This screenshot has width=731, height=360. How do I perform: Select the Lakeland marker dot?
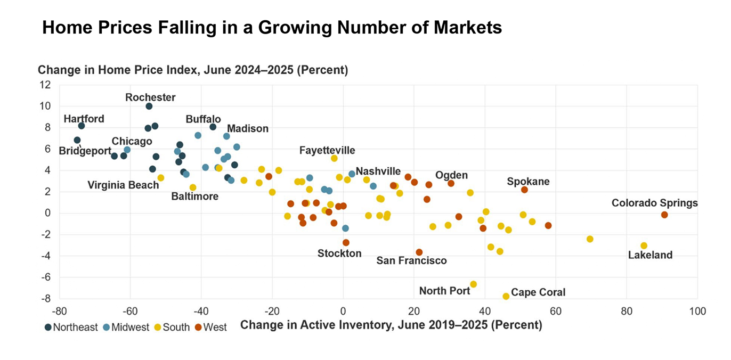pyautogui.click(x=644, y=246)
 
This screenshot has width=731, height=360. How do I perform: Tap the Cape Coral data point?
pyautogui.click(x=506, y=296)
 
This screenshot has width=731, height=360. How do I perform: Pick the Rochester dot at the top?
pyautogui.click(x=149, y=107)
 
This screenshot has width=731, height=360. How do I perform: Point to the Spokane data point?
pyautogui.click(x=524, y=190)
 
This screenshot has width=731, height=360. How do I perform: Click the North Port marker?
pyautogui.click(x=473, y=284)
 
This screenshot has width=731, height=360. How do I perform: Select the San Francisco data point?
pyautogui.click(x=419, y=252)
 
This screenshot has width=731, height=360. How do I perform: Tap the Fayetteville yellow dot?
pyautogui.click(x=334, y=158)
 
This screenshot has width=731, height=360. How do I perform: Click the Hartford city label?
pyautogui.click(x=84, y=119)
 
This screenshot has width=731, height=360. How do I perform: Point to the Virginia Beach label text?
pyautogui.click(x=123, y=185)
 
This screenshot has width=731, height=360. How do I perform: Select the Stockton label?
pyautogui.click(x=339, y=253)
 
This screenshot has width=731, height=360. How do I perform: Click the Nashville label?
pyautogui.click(x=378, y=171)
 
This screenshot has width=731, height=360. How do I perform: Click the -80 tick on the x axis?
pyautogui.click(x=59, y=310)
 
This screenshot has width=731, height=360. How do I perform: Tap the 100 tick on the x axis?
pyautogui.click(x=697, y=310)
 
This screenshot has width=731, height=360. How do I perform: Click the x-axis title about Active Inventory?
pyautogui.click(x=391, y=325)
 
